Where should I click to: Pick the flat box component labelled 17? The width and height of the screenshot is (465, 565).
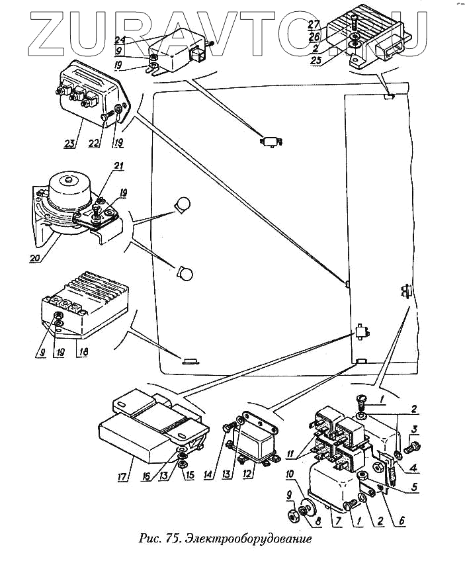pos(146,430)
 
